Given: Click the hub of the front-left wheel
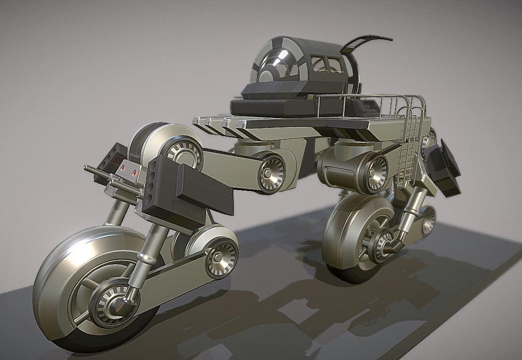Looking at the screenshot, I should (x=110, y=301).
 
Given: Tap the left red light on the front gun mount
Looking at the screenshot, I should (x=122, y=168).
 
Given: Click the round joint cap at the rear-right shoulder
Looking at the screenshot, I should (x=375, y=173).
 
